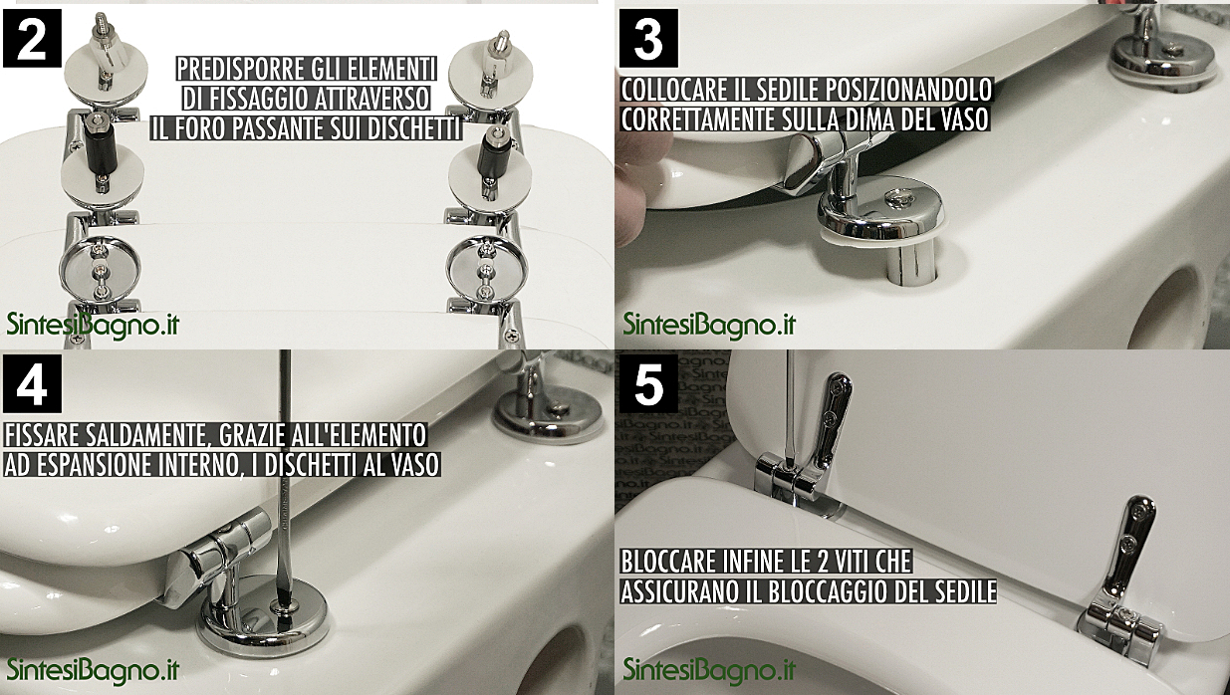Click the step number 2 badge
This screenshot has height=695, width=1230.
click(33, 40)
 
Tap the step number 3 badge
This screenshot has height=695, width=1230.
click(648, 40)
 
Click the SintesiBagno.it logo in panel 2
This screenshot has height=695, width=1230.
click(93, 325)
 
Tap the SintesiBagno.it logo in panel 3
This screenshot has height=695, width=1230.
click(709, 325)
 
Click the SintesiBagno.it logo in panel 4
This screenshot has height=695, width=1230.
click(93, 669)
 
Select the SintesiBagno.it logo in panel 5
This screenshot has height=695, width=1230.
click(709, 669)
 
